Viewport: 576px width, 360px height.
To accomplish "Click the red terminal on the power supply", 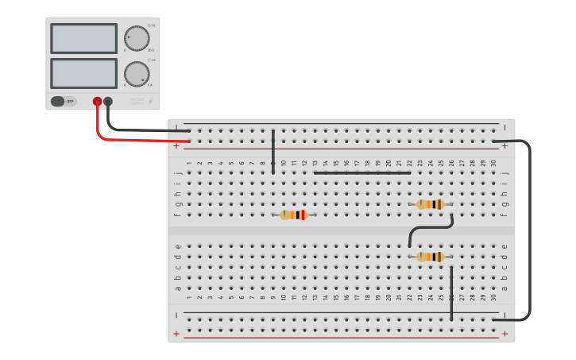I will pyautogui.click(x=98, y=102).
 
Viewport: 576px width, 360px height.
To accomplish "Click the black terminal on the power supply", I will pyautogui.click(x=108, y=102).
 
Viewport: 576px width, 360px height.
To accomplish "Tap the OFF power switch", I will pyautogui.click(x=64, y=102).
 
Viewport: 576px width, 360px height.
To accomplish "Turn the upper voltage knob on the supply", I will pyautogui.click(x=137, y=38).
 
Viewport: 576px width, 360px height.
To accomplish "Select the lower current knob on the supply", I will pyautogui.click(x=137, y=74).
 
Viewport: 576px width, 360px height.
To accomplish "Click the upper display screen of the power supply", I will pyautogui.click(x=83, y=38).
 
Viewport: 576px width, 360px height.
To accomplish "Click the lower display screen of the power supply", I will pyautogui.click(x=83, y=73).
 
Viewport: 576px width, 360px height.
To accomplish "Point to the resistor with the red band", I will pyautogui.click(x=293, y=215).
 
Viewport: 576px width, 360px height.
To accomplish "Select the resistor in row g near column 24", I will pyautogui.click(x=430, y=204).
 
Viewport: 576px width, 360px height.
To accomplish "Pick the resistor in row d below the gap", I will pyautogui.click(x=430, y=257).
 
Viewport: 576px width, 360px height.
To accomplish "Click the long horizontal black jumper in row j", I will pyautogui.click(x=362, y=172).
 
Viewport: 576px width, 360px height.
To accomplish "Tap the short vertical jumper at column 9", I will pyautogui.click(x=273, y=152).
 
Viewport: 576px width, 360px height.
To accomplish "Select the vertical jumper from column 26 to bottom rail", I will pyautogui.click(x=451, y=294).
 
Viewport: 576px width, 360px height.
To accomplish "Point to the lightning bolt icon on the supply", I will pyautogui.click(x=151, y=102).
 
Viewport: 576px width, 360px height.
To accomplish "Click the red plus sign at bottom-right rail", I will pyautogui.click(x=504, y=334).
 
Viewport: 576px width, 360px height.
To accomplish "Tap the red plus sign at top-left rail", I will pyautogui.click(x=176, y=146).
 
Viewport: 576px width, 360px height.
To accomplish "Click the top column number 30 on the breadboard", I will pyautogui.click(x=493, y=163).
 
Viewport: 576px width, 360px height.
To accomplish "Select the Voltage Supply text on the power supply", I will pyautogui.click(x=137, y=102).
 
